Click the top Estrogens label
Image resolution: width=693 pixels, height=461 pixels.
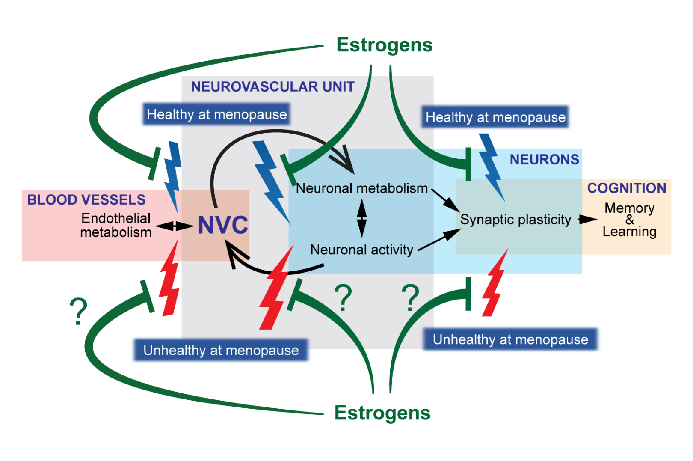click(384, 45)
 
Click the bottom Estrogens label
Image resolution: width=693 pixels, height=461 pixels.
click(382, 413)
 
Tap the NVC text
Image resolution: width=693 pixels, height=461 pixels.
click(223, 225)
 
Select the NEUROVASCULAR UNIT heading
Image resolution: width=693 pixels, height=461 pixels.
click(273, 87)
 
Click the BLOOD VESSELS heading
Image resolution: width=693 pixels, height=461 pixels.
click(86, 200)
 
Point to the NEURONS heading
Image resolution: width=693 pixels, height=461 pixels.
click(544, 160)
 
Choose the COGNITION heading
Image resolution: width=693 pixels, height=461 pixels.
click(626, 188)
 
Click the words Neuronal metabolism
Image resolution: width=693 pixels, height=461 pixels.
click(361, 188)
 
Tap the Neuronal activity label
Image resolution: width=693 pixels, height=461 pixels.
click(361, 250)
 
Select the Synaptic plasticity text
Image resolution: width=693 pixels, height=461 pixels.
click(515, 220)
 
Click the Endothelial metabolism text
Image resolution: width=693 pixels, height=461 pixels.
click(116, 225)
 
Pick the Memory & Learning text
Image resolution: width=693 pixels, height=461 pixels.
click(629, 220)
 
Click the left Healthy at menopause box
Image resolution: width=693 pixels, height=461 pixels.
click(217, 114)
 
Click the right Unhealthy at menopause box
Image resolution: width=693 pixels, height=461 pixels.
click(510, 339)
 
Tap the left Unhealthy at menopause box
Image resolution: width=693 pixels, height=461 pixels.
click(221, 350)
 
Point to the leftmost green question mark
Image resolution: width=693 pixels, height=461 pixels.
click(79, 311)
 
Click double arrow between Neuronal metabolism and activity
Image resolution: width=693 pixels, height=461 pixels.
click(362, 219)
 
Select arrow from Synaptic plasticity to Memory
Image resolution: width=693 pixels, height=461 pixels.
click(587, 220)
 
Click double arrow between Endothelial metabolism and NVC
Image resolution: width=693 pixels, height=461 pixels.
click(174, 226)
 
